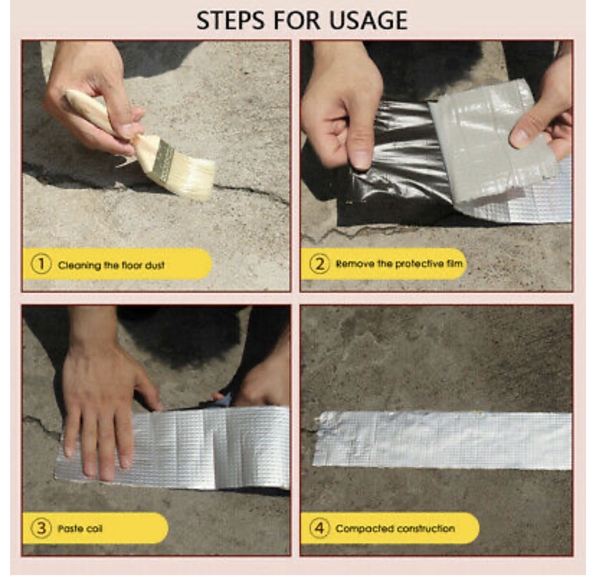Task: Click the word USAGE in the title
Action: (x=369, y=20)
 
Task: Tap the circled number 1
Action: (x=41, y=264)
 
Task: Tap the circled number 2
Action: (x=320, y=264)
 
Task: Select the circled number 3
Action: (x=41, y=528)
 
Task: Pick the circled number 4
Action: (x=320, y=528)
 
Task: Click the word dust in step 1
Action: (x=155, y=265)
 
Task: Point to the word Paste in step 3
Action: (x=70, y=529)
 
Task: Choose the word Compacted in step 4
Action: (x=360, y=529)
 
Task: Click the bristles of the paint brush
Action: (x=191, y=179)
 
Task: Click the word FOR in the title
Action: (x=297, y=20)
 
